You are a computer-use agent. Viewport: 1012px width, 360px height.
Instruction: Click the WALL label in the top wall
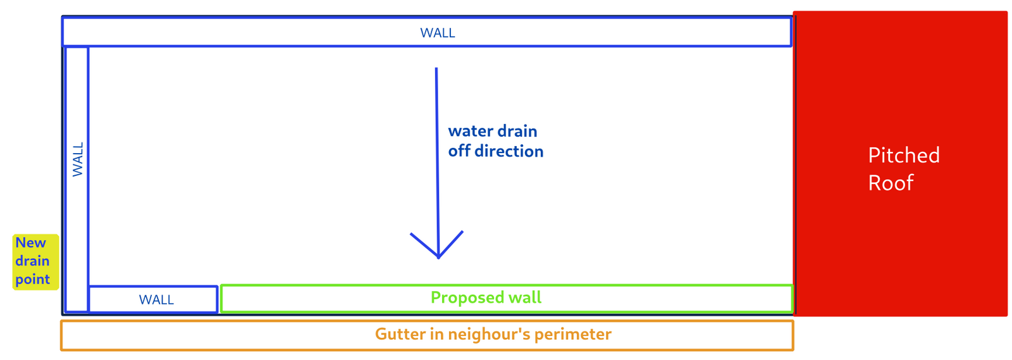click(x=438, y=33)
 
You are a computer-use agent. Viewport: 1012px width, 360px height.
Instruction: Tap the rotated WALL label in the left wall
click(x=78, y=159)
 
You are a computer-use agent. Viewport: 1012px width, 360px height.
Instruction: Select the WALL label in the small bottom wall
click(x=156, y=300)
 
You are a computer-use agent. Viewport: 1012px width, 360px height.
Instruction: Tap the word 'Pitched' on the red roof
click(x=903, y=156)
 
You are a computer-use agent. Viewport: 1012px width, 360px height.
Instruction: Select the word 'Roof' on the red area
click(x=891, y=183)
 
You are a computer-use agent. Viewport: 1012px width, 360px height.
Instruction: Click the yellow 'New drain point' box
click(x=35, y=261)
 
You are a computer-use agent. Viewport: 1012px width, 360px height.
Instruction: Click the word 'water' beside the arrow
click(x=470, y=131)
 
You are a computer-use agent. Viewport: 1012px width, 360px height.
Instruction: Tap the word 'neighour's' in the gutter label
click(x=493, y=334)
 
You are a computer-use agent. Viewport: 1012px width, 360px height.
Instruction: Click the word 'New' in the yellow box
click(x=30, y=243)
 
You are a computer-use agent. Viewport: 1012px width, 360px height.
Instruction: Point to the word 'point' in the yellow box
click(x=32, y=280)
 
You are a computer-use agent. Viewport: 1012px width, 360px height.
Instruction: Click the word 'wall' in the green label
click(x=525, y=298)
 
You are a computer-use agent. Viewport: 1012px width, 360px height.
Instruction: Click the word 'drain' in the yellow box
click(x=32, y=261)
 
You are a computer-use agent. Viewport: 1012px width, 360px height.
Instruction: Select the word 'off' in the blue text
click(x=459, y=151)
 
